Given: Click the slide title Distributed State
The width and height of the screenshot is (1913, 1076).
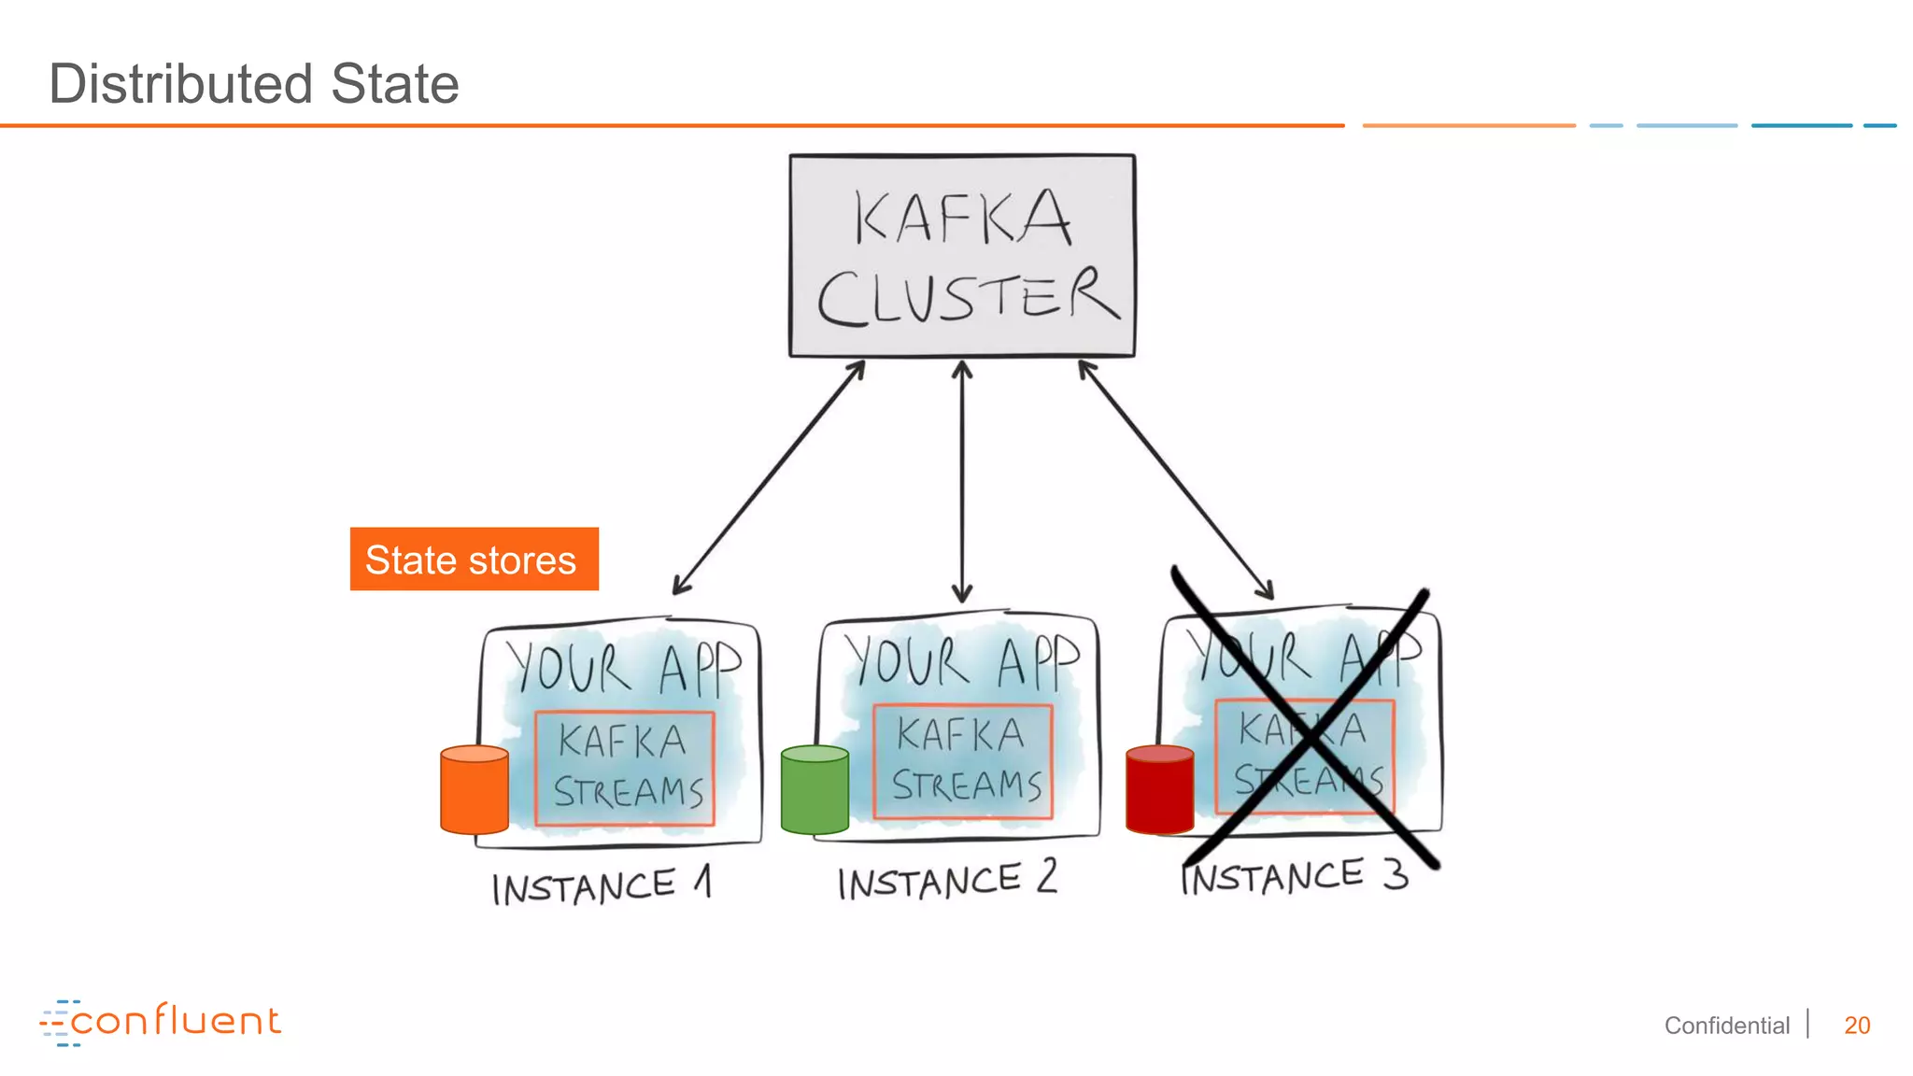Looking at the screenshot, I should click(253, 84).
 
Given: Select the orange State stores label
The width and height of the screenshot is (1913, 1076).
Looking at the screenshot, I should click(474, 559).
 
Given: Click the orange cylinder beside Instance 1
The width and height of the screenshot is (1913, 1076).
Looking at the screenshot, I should click(475, 790).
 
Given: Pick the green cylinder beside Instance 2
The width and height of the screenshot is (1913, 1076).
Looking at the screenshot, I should click(815, 790).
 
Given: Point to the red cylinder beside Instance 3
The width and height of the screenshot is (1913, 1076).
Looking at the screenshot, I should click(1159, 790).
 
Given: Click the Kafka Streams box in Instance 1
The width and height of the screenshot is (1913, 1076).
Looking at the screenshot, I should click(624, 769).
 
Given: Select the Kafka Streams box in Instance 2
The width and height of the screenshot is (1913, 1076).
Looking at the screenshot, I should click(963, 762).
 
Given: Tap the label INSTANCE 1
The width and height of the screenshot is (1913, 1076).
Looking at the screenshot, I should click(602, 885).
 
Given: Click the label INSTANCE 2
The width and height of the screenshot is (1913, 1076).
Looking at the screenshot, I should click(946, 881).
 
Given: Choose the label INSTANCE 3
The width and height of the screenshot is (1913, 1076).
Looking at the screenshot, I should click(1294, 877).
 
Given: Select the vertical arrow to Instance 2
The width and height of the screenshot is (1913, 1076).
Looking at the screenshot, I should click(962, 481).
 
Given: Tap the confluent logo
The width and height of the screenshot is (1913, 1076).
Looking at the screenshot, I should click(161, 1022).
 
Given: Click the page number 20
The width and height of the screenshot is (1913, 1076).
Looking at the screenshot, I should click(1856, 1026).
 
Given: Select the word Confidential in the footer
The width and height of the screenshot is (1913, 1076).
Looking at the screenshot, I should click(1726, 1026).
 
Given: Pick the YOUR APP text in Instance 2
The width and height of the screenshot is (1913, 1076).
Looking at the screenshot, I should click(962, 661).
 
